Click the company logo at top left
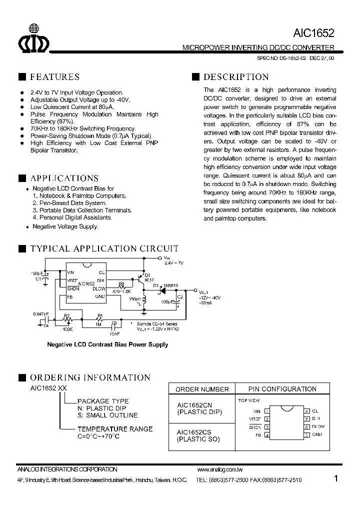tap(34, 38)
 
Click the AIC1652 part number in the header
tap(314, 32)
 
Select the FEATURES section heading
tap(54, 77)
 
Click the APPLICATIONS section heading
tap(64, 178)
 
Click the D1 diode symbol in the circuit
tap(162, 289)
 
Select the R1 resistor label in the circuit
tap(99, 315)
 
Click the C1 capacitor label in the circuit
tap(38, 279)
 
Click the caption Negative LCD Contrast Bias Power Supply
tap(107, 344)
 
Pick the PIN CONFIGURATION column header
tap(282, 389)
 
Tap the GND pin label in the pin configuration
tap(316, 435)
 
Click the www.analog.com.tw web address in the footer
tap(220, 470)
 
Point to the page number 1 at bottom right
tap(336, 478)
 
